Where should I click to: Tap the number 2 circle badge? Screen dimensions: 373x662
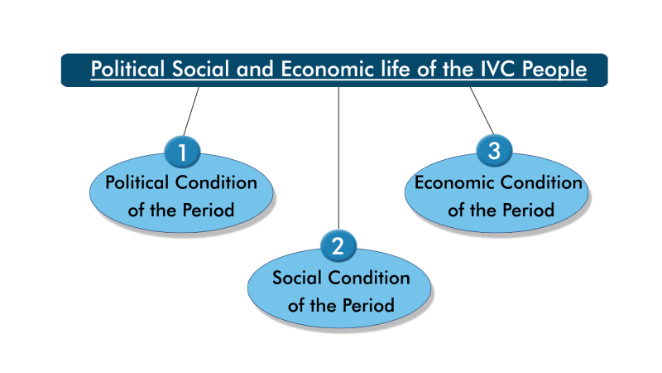(338, 246)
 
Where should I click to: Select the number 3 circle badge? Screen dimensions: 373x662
(495, 151)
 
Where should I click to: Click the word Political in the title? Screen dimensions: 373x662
(130, 70)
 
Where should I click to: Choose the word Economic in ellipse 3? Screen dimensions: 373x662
(455, 182)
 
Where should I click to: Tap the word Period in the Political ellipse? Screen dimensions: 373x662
(206, 210)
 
